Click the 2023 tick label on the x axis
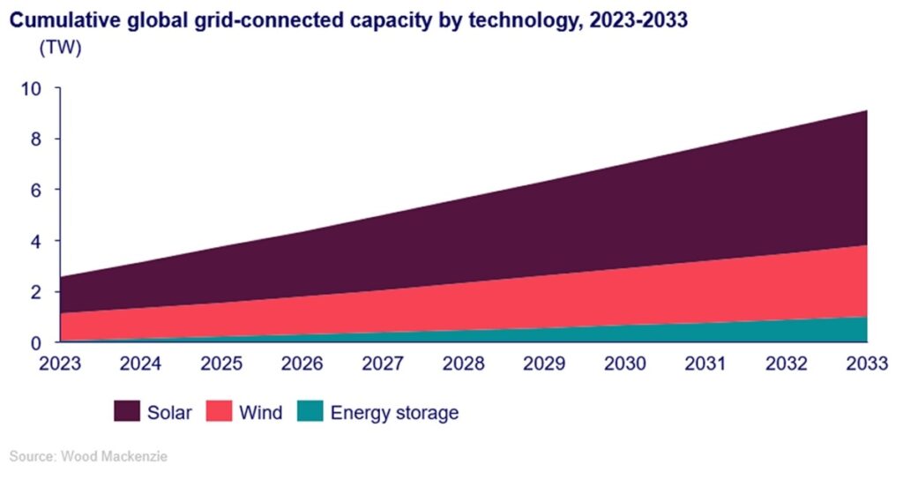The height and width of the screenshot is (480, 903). tap(61, 364)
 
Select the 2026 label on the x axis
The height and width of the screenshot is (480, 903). tap(302, 364)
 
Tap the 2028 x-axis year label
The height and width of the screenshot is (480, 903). tap(464, 364)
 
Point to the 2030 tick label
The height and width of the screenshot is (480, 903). tap(625, 364)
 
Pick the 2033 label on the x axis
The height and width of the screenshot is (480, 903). tap(865, 364)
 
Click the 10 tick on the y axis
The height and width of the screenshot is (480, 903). tap(32, 89)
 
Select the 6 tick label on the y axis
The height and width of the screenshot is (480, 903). tap(36, 191)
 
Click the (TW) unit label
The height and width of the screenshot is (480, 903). tap(59, 49)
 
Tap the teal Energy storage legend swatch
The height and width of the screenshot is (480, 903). tap(310, 412)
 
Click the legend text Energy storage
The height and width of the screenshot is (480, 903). tap(394, 413)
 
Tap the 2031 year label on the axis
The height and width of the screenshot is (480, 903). tap(705, 364)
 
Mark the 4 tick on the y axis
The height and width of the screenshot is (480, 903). tap(36, 241)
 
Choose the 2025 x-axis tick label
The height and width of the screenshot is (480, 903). tap(222, 364)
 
